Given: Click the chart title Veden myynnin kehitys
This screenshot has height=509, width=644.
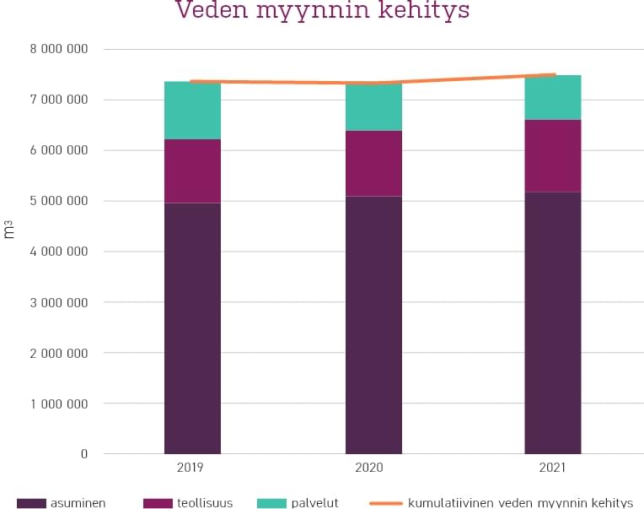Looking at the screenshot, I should [x=322, y=12].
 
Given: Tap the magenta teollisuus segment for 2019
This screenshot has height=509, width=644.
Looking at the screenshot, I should [x=192, y=171].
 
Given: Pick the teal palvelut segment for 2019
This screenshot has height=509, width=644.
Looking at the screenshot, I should [x=192, y=111].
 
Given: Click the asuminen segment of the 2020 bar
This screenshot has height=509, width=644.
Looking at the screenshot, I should [x=373, y=325].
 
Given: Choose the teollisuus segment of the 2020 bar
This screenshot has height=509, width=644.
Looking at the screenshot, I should [x=373, y=164].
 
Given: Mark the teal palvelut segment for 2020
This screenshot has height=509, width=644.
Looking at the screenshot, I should [x=373, y=107].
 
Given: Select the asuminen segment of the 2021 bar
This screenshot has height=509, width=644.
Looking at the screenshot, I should [x=552, y=322].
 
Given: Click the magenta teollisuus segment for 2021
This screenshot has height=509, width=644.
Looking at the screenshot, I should [x=552, y=156].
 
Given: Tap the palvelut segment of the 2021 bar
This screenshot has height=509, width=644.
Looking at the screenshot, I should [x=552, y=98].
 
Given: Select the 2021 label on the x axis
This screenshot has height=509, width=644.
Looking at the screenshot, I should [x=552, y=468].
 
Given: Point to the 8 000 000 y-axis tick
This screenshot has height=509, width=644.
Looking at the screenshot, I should [x=59, y=49].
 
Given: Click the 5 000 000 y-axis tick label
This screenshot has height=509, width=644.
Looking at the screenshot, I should [x=59, y=201].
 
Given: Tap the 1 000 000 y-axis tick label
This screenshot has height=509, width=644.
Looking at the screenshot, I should [x=59, y=403].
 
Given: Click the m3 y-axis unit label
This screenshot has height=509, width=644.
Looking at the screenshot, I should [x=10, y=229].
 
